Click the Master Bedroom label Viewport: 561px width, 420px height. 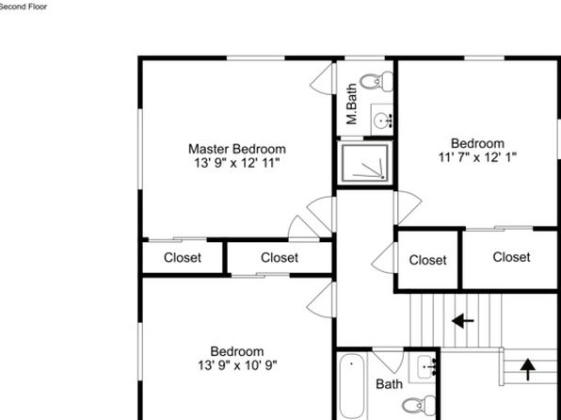click(237, 149)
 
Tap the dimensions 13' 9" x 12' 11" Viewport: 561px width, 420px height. click(236, 163)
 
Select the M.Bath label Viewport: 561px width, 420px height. click(352, 104)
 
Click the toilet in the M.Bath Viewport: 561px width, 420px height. click(377, 81)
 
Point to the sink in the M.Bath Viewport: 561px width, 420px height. click(382, 116)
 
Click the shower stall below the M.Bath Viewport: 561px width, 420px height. click(365, 163)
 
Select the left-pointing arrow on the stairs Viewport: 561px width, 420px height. click(462, 321)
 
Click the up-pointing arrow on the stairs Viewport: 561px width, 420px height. click(528, 369)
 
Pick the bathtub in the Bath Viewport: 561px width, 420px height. click(352, 387)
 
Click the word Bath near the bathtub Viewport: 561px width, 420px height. click(389, 384)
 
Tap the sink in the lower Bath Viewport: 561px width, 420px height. click(425, 366)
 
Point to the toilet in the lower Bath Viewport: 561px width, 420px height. click(419, 405)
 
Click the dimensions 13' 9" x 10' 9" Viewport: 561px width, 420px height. click(237, 365)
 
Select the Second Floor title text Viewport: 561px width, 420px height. click(24, 7)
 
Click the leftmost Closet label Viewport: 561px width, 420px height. click(183, 257)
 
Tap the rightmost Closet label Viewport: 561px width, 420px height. click(511, 257)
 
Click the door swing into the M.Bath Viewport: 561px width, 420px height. click(323, 79)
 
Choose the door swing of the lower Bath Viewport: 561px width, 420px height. click(388, 361)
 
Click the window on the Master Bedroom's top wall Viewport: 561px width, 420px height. click(256, 58)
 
